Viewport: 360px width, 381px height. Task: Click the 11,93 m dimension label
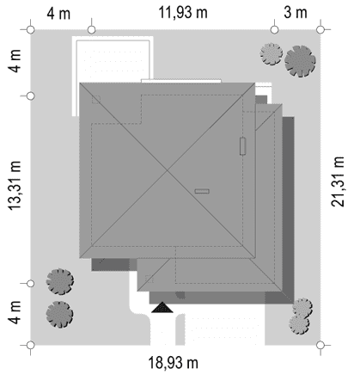click(183, 13)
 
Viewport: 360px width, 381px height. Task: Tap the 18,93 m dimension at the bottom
click(173, 362)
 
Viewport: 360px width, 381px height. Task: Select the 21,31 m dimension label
click(338, 181)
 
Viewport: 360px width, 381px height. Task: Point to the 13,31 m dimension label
click(15, 186)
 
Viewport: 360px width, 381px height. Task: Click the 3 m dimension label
click(296, 13)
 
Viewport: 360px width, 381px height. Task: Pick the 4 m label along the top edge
click(58, 14)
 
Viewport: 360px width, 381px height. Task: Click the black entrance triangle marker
click(162, 307)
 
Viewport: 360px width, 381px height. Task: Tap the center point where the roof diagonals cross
click(168, 170)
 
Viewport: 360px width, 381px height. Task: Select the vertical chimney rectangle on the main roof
click(243, 146)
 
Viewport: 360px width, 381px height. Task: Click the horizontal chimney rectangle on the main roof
click(202, 191)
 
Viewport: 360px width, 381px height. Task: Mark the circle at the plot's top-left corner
click(31, 29)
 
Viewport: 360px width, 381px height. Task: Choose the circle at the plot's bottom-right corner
click(320, 345)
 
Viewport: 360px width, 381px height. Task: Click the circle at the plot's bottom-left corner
click(31, 345)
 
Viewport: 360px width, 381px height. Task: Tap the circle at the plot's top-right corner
click(320, 29)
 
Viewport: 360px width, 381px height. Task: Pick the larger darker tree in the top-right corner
click(300, 61)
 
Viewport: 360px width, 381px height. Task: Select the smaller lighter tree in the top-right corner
click(272, 53)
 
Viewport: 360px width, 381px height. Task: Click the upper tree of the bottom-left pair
click(60, 281)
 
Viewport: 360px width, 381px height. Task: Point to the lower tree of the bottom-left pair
click(59, 314)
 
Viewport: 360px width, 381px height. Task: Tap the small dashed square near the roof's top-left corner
click(96, 100)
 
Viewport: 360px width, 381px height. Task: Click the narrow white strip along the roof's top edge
click(181, 81)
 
